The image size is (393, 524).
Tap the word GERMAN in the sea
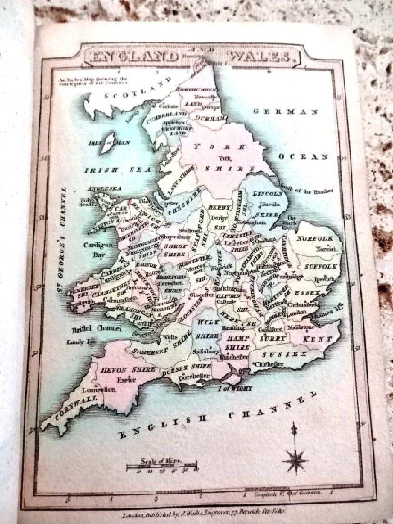285,112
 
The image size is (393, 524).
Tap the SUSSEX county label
284,355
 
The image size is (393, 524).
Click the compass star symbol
295,460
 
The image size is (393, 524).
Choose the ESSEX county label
306,291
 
